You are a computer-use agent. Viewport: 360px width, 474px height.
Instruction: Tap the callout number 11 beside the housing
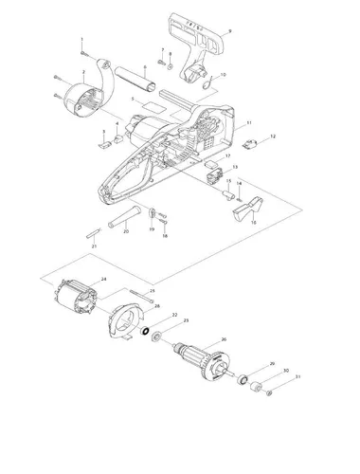coord(249,124)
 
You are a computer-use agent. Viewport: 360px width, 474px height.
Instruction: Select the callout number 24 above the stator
coord(103,279)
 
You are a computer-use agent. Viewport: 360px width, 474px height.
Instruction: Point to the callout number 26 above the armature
coord(223,339)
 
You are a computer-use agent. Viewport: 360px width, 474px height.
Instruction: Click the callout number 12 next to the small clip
coord(273,137)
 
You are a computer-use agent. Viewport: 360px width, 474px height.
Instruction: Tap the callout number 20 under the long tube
coord(126,231)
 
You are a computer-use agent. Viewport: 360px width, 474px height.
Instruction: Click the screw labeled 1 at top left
coord(85,50)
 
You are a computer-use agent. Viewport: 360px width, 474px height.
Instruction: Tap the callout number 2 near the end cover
coord(84,71)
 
